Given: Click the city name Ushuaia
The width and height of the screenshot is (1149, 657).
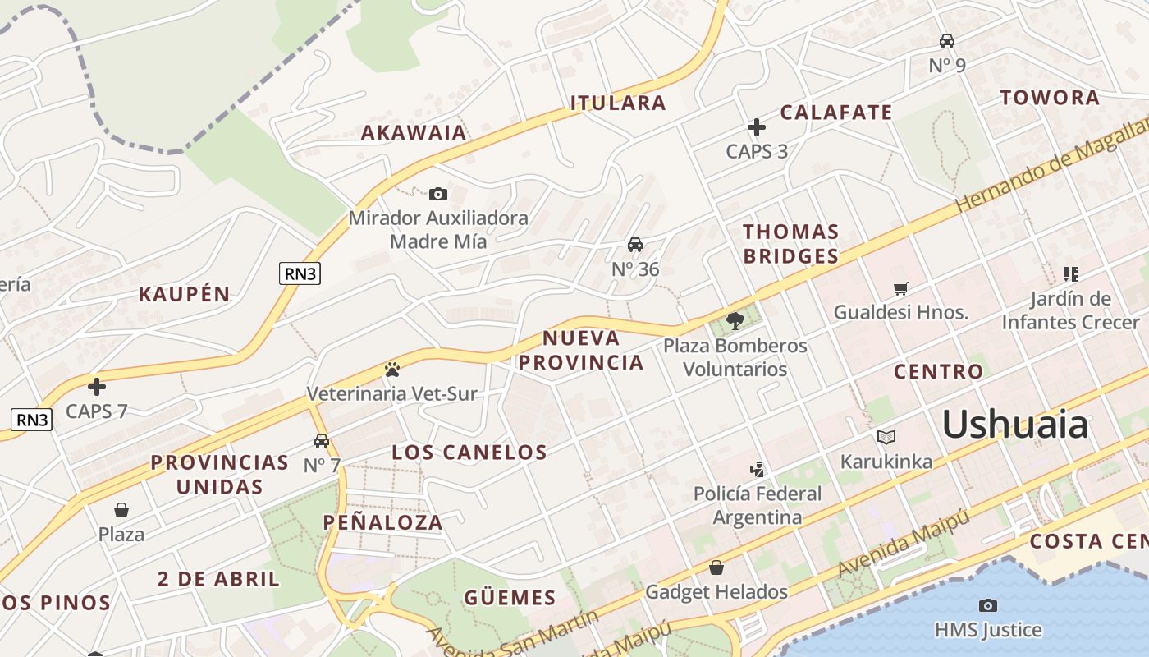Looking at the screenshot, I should click(1014, 425).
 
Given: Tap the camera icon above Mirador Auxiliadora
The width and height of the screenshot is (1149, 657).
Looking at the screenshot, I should click(438, 194).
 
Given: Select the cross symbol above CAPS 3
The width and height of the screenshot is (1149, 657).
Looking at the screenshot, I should click(757, 127).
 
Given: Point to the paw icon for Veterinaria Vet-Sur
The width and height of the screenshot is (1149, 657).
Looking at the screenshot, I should click(391, 370).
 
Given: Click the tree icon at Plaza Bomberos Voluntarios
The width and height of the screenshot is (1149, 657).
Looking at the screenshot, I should click(735, 320).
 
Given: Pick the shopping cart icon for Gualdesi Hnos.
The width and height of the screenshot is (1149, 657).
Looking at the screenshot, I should click(901, 288).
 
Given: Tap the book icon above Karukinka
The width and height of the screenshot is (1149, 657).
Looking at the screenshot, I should click(886, 437).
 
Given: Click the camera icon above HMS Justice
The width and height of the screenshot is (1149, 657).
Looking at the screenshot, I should click(988, 605).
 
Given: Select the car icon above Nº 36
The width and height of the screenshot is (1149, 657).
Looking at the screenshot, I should click(635, 244).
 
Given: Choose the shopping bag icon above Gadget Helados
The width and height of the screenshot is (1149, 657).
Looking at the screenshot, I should click(716, 567).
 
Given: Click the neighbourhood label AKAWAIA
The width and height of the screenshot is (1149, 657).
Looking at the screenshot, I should click(414, 132).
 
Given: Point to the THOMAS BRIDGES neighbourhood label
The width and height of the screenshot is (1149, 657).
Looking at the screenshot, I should click(791, 243).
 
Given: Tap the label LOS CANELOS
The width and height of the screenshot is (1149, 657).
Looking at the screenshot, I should click(469, 452).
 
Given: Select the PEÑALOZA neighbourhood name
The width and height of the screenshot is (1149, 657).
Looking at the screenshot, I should click(382, 521).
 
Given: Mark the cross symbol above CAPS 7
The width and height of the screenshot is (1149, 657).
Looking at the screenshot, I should click(97, 386).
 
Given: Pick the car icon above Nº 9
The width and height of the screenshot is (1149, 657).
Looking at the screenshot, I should click(947, 40).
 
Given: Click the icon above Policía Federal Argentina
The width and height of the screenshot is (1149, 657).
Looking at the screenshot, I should click(758, 470).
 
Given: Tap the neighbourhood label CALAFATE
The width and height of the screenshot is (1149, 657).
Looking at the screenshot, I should click(835, 113).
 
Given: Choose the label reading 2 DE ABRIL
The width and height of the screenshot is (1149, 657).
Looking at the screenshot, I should click(218, 578).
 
